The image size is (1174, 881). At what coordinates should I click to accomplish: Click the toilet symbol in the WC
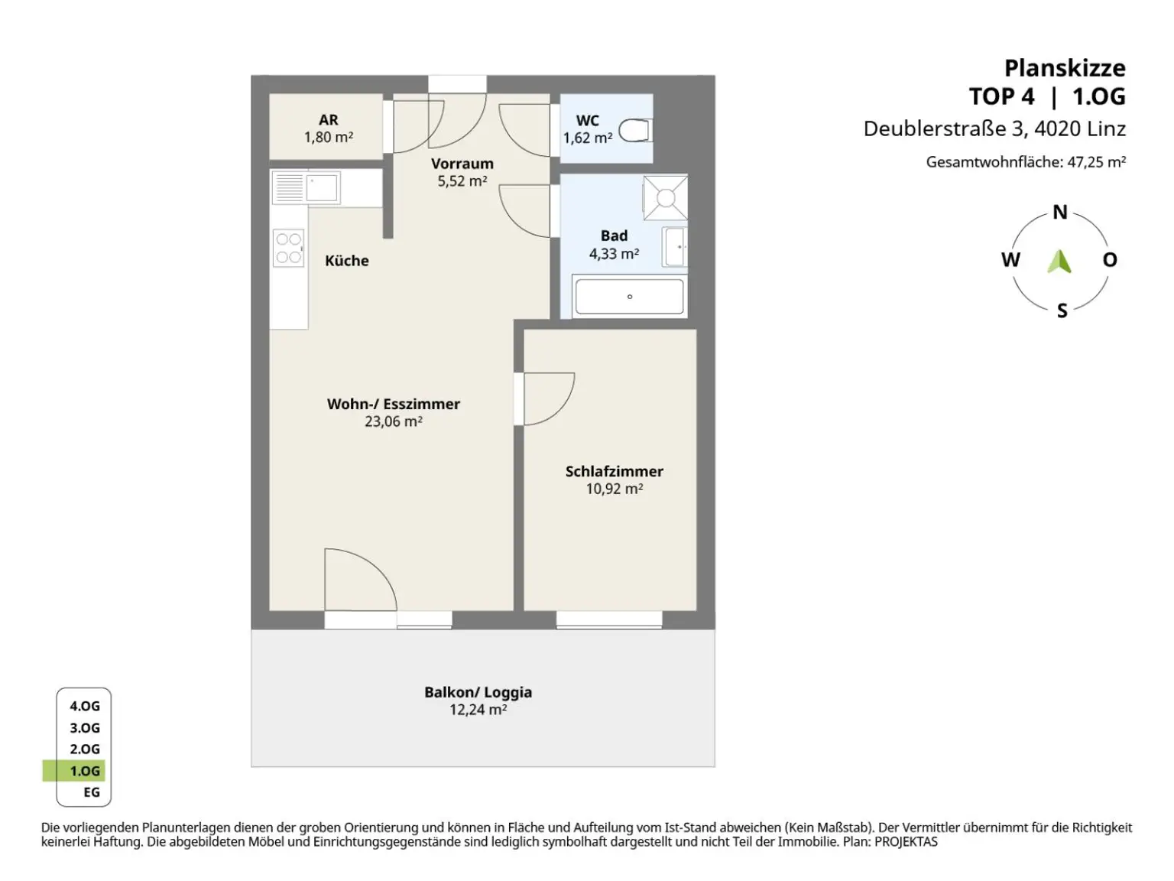click(x=635, y=131)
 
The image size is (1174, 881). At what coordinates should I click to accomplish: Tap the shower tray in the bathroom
click(x=666, y=198)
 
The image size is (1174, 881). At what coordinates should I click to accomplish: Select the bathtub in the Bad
click(x=629, y=296)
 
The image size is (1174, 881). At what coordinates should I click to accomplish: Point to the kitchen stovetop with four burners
click(x=288, y=249)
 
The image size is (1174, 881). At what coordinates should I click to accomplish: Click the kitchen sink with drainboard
click(x=306, y=187)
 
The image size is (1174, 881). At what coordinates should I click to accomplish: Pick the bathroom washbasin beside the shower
click(x=675, y=247)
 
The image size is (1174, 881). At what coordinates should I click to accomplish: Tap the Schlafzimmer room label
click(x=614, y=471)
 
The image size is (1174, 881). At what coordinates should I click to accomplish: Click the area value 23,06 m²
click(x=394, y=421)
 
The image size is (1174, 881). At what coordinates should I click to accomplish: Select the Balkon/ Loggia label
click(x=478, y=692)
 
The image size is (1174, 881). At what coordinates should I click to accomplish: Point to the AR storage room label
click(x=329, y=120)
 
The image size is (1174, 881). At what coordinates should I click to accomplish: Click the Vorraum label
click(x=462, y=164)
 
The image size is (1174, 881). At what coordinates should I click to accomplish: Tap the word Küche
click(x=346, y=261)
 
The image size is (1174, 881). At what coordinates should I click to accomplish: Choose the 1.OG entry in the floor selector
click(x=85, y=771)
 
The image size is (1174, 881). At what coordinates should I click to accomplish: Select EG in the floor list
click(x=92, y=792)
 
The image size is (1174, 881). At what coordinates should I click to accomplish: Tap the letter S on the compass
click(x=1062, y=310)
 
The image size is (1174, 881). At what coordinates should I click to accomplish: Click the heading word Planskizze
click(x=1065, y=69)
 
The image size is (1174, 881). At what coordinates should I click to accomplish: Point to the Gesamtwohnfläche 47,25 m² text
click(x=1026, y=161)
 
